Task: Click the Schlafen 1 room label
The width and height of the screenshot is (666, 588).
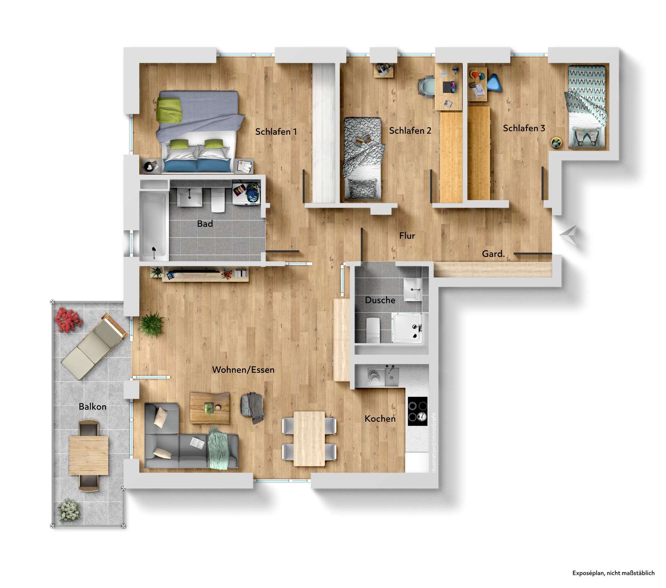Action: point(276,131)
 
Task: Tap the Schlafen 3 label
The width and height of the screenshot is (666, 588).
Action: point(524,128)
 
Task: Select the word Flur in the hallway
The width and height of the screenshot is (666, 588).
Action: point(407,236)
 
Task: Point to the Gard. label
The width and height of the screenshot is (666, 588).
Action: point(493,254)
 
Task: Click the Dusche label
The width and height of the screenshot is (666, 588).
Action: point(380,300)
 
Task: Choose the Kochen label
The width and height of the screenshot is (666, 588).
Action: point(380,419)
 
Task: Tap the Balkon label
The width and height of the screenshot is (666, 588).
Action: point(93,407)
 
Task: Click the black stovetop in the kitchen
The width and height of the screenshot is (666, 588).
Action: point(417,411)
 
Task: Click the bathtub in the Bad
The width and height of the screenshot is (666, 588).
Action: point(153,226)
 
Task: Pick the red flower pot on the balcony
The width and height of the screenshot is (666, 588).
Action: point(68,320)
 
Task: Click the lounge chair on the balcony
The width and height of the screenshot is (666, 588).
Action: point(94,347)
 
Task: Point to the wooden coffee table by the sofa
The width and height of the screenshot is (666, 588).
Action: point(210,408)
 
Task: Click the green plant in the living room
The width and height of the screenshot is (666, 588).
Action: point(151,324)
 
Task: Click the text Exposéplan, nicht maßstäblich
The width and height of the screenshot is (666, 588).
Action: point(613,573)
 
